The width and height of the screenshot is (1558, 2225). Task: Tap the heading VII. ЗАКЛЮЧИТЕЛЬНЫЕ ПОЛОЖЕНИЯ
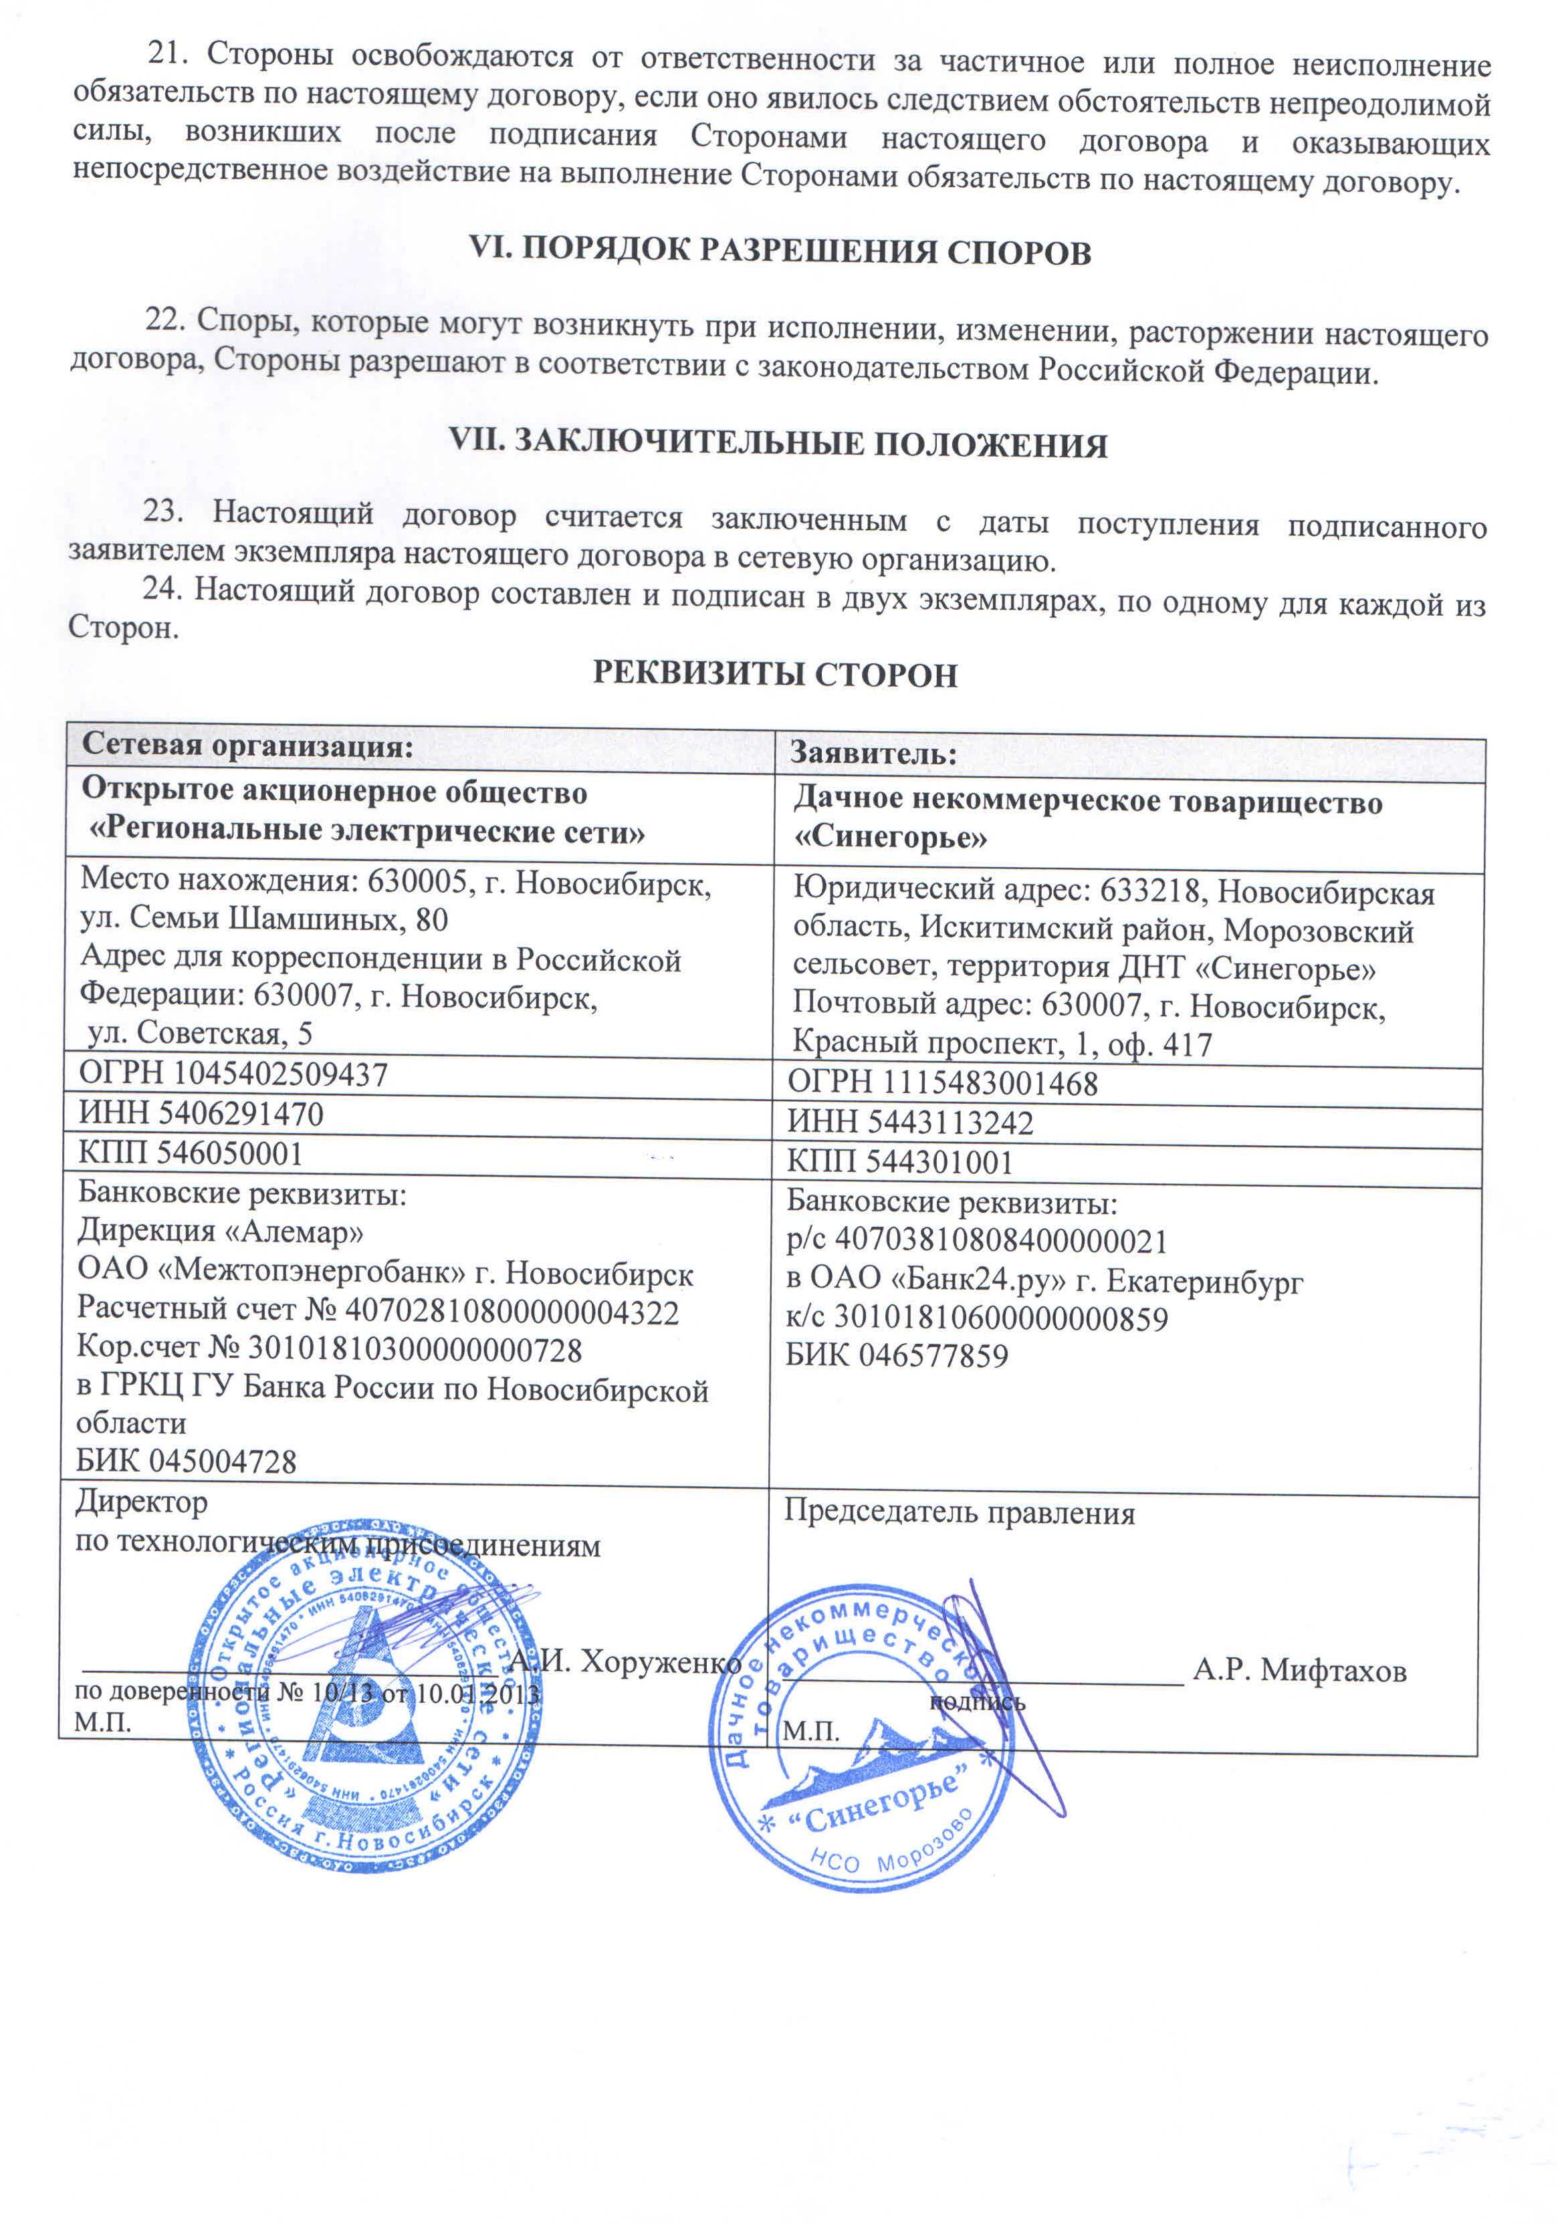(778, 444)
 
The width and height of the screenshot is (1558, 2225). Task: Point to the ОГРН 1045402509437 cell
(233, 1074)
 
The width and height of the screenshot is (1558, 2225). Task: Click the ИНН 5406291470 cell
(201, 1113)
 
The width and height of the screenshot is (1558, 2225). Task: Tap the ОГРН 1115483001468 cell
(942, 1082)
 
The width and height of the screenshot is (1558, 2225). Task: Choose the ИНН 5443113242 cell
(909, 1122)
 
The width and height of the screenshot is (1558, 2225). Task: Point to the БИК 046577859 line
(896, 1355)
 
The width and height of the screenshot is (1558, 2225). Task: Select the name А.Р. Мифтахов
(1299, 1669)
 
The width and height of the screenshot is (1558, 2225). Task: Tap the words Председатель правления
(959, 1513)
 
